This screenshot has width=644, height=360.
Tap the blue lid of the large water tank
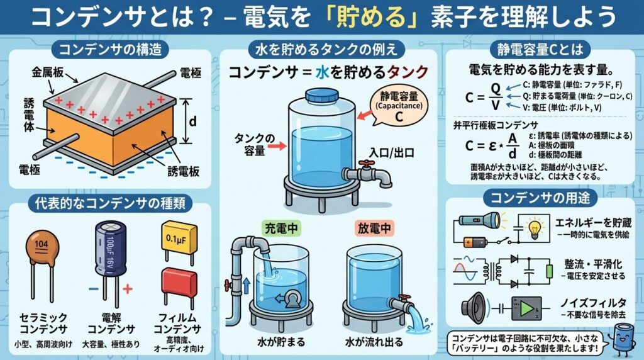322,94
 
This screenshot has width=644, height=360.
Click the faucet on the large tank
367,172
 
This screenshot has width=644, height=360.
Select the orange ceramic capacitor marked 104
42,247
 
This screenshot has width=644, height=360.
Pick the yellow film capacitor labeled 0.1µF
179,237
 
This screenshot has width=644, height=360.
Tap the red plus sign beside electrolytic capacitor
128,289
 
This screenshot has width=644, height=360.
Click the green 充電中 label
281,228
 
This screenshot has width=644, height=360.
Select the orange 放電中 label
374,228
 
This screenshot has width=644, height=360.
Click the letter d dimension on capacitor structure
192,121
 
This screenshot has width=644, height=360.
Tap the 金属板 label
48,73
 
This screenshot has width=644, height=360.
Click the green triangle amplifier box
527,308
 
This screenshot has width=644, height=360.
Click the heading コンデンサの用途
540,198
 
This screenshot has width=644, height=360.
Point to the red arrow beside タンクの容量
278,145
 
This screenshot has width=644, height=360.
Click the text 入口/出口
391,153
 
